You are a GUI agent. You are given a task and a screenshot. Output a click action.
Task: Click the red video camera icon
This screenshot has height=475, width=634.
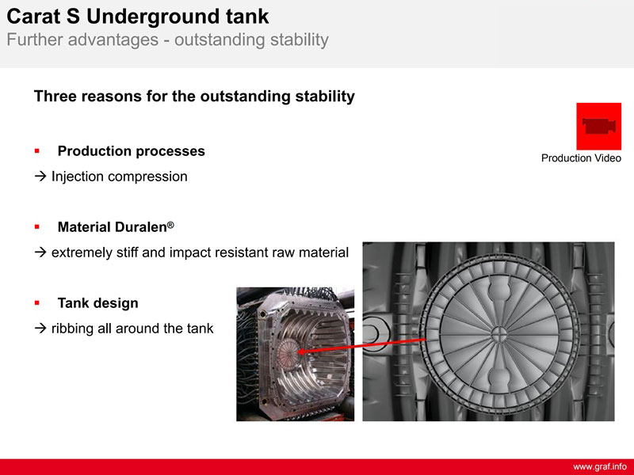coord(599,126)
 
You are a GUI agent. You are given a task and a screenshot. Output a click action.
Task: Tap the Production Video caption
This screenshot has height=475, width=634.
coord(581,158)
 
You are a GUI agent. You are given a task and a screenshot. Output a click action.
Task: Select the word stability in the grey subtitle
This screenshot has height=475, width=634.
coord(300,40)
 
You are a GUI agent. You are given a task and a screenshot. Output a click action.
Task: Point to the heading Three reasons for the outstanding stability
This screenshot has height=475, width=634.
coord(194,96)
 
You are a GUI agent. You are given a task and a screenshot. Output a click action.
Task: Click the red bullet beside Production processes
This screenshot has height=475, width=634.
coord(37,151)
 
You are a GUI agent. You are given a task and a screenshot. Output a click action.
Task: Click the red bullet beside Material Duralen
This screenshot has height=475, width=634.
coord(37,227)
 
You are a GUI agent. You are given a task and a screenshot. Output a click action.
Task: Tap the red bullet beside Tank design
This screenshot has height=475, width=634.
coord(37,303)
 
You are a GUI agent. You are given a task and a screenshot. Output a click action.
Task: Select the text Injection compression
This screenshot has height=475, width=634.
coord(120,177)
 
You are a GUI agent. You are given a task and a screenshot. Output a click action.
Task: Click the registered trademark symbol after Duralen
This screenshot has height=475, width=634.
coord(170,225)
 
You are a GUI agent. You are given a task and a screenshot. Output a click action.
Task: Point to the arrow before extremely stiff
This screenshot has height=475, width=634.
coord(40,253)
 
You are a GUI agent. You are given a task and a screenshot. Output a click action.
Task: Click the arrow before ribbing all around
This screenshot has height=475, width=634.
coord(40,329)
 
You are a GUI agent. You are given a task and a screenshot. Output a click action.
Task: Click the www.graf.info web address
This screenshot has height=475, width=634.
coord(600,467)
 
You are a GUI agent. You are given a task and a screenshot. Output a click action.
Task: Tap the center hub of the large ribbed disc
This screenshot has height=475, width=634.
coord(499,334)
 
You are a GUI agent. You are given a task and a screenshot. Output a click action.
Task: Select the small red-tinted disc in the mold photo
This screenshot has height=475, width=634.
coord(288,351)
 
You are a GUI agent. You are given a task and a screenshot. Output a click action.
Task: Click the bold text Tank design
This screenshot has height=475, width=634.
coord(97,303)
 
